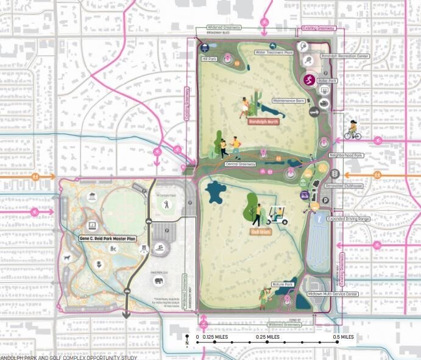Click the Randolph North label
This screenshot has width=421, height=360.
[263, 121]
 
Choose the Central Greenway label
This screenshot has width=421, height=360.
[239, 164]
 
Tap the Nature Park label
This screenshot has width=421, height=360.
[282, 285]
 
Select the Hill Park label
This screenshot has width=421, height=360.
[210, 58]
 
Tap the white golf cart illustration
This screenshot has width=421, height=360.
[277, 216]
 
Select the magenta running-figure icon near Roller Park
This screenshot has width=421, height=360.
[310, 80]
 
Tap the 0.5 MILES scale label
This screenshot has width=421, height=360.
[343, 337]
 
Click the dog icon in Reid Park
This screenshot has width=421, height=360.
[66, 258]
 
